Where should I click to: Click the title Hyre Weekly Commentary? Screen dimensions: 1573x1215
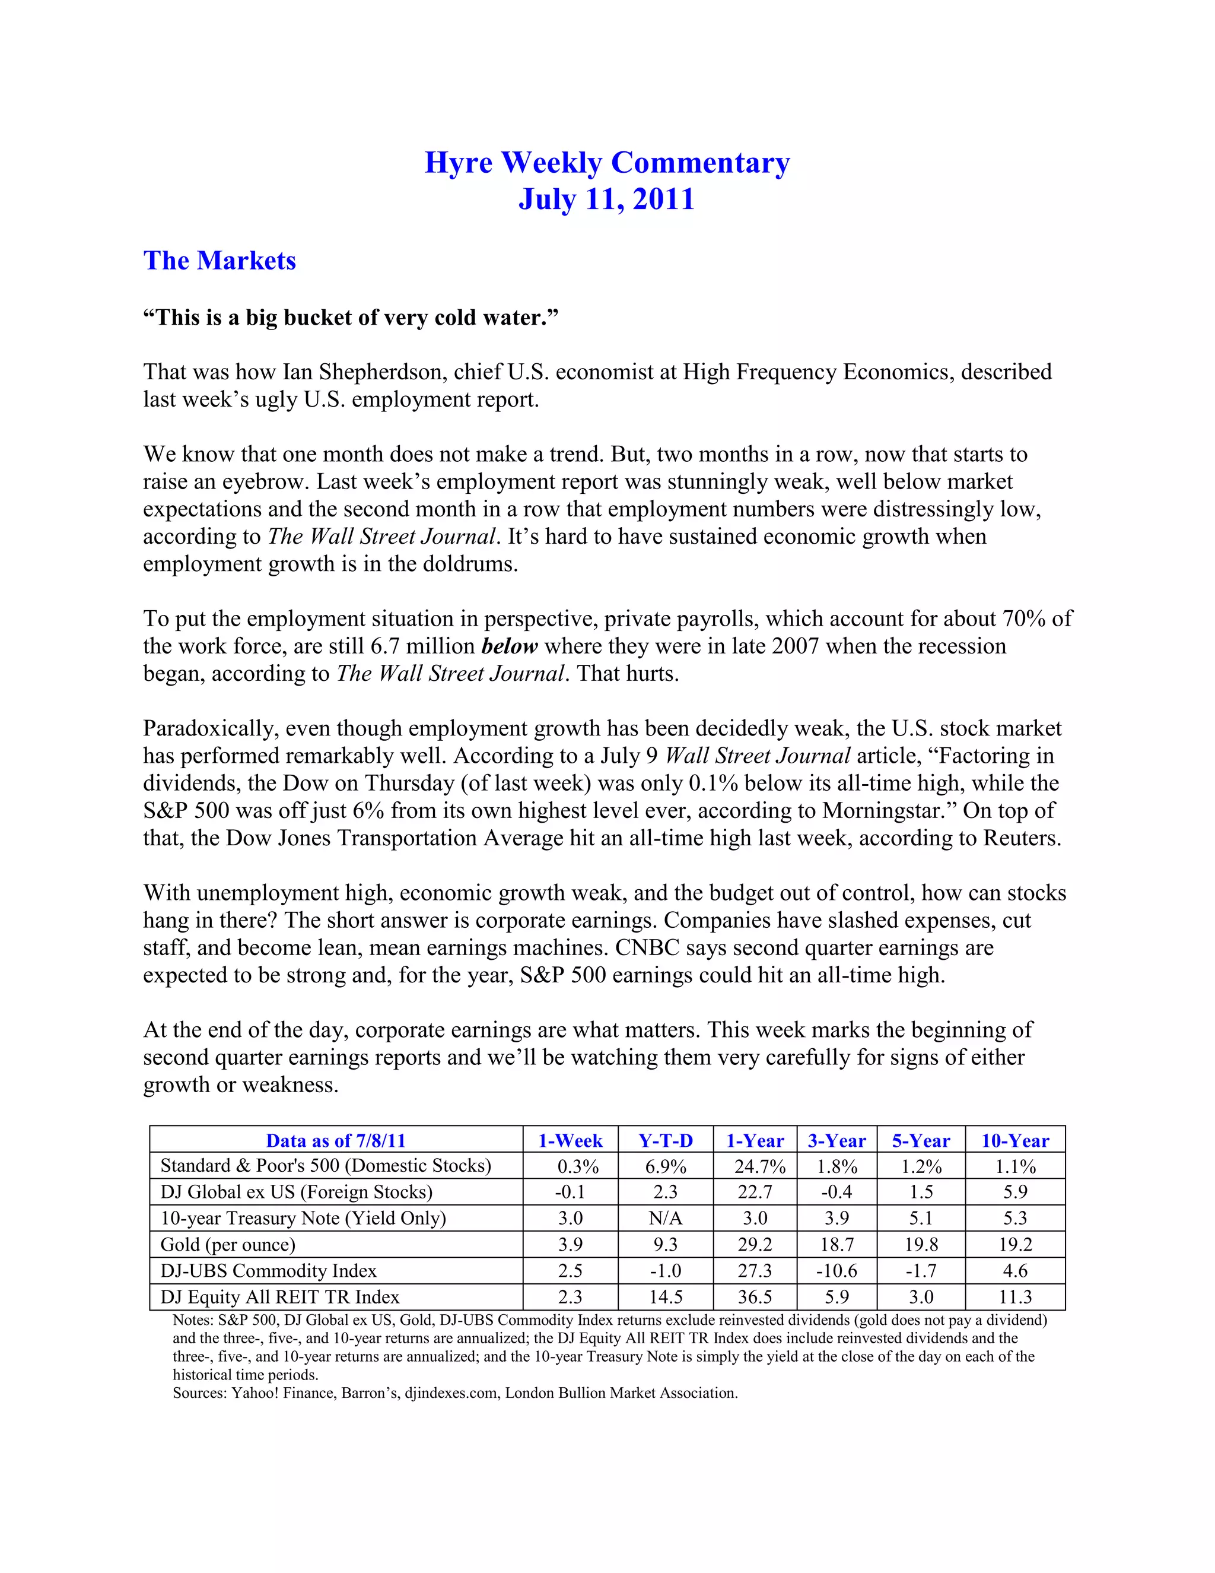[607, 163]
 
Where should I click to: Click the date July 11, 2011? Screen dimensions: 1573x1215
[607, 199]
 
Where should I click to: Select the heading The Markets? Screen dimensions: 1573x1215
[220, 261]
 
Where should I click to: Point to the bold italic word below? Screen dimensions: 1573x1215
[509, 646]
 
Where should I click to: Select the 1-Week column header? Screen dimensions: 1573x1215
[570, 1141]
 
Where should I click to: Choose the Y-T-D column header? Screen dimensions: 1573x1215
[665, 1141]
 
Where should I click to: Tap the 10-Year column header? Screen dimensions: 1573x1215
[1015, 1141]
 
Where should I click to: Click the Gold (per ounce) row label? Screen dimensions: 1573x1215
[227, 1245]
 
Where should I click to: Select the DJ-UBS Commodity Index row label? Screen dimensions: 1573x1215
[269, 1270]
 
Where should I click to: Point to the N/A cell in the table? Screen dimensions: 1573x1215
[665, 1218]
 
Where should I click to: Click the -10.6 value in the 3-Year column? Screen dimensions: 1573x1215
[836, 1270]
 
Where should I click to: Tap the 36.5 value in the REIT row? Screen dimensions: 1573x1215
[755, 1297]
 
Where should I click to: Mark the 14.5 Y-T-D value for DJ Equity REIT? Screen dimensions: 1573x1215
[665, 1297]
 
